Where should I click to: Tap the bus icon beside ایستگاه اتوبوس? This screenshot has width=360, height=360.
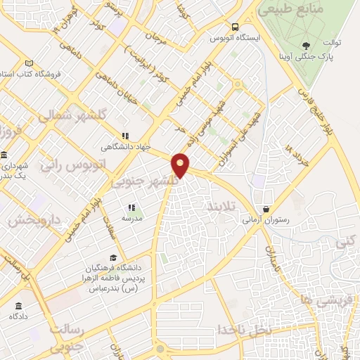tap(210, 38)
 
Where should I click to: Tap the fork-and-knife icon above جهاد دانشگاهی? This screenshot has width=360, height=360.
tap(124, 136)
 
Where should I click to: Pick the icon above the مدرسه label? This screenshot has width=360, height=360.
tap(131, 207)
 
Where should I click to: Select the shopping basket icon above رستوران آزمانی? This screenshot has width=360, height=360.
tap(266, 209)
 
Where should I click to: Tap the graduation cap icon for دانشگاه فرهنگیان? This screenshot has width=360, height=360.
tap(113, 257)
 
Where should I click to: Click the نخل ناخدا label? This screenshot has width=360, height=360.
tap(243, 329)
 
